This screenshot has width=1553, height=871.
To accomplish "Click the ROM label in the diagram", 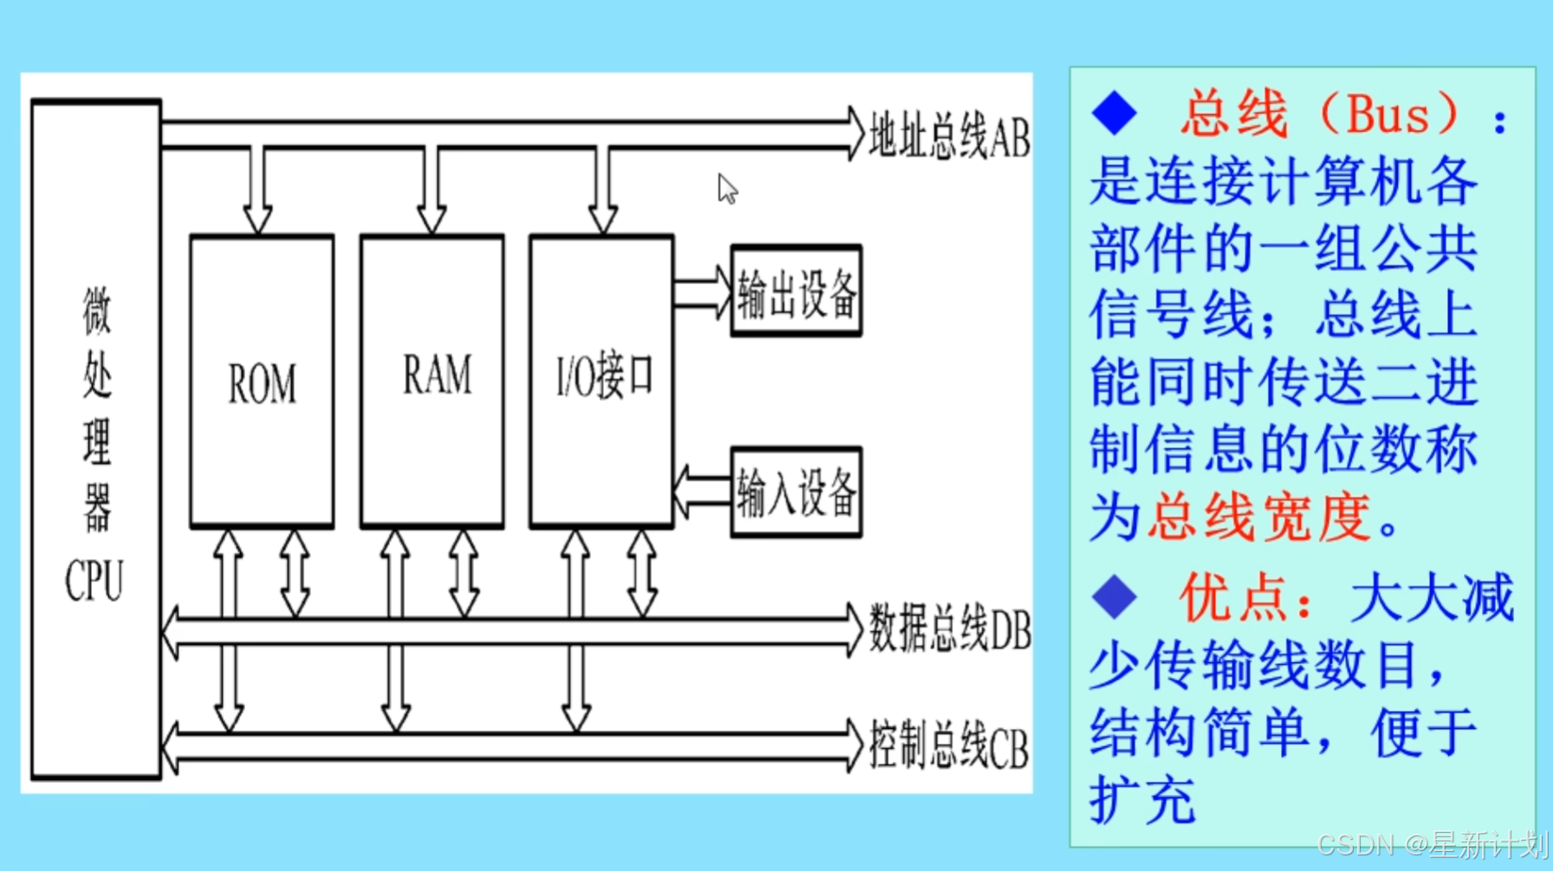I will [x=262, y=384].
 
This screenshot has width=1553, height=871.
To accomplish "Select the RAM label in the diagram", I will [x=437, y=375].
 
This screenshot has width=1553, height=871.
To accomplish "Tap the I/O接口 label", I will [x=603, y=377].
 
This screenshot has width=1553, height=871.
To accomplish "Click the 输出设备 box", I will [x=796, y=292].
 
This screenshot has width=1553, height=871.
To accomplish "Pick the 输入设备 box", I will [x=796, y=493].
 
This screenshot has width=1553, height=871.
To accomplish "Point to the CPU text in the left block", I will [x=94, y=581].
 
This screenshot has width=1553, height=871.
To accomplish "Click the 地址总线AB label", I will [x=949, y=137].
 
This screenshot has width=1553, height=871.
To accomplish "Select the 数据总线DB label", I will [x=949, y=630].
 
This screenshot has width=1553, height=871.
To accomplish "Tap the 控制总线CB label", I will [x=948, y=747].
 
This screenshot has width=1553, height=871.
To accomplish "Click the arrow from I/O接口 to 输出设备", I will [x=703, y=293].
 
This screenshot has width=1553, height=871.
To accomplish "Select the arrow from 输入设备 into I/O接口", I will [x=702, y=491].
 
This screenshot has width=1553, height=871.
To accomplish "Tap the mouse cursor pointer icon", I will [x=726, y=188].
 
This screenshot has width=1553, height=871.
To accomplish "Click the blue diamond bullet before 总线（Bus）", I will [x=1114, y=114].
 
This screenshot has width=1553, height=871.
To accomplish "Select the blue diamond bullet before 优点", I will [x=1114, y=597].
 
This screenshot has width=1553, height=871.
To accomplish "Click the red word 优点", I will [x=1234, y=597].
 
